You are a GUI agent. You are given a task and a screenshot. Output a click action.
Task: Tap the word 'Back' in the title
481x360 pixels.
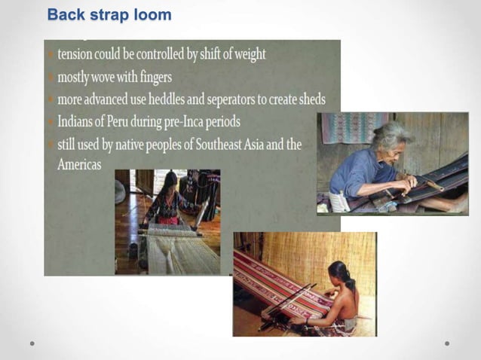(64, 14)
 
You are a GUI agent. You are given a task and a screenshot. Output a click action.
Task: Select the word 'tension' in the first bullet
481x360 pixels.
(80, 54)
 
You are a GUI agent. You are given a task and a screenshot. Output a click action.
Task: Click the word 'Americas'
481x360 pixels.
(79, 164)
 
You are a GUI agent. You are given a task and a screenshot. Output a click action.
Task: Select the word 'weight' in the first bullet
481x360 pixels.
(244, 54)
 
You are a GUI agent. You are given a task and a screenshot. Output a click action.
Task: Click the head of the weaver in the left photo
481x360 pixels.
(170, 182)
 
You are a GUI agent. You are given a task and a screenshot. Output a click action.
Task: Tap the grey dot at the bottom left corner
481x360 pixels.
(32, 343)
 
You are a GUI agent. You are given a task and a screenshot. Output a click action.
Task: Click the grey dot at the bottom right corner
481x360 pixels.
(447, 343)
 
